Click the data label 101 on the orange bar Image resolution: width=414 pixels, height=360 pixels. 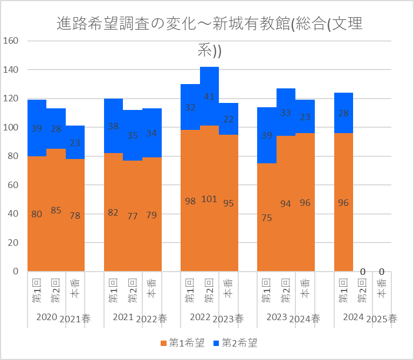[209, 199]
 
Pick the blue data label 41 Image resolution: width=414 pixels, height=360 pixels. [209, 97]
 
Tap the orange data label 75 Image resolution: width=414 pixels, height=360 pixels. [267, 218]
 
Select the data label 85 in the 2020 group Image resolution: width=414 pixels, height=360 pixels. [56, 211]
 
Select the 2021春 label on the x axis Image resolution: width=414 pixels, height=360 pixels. [75, 319]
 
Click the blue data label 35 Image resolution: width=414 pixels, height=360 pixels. [133, 135]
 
